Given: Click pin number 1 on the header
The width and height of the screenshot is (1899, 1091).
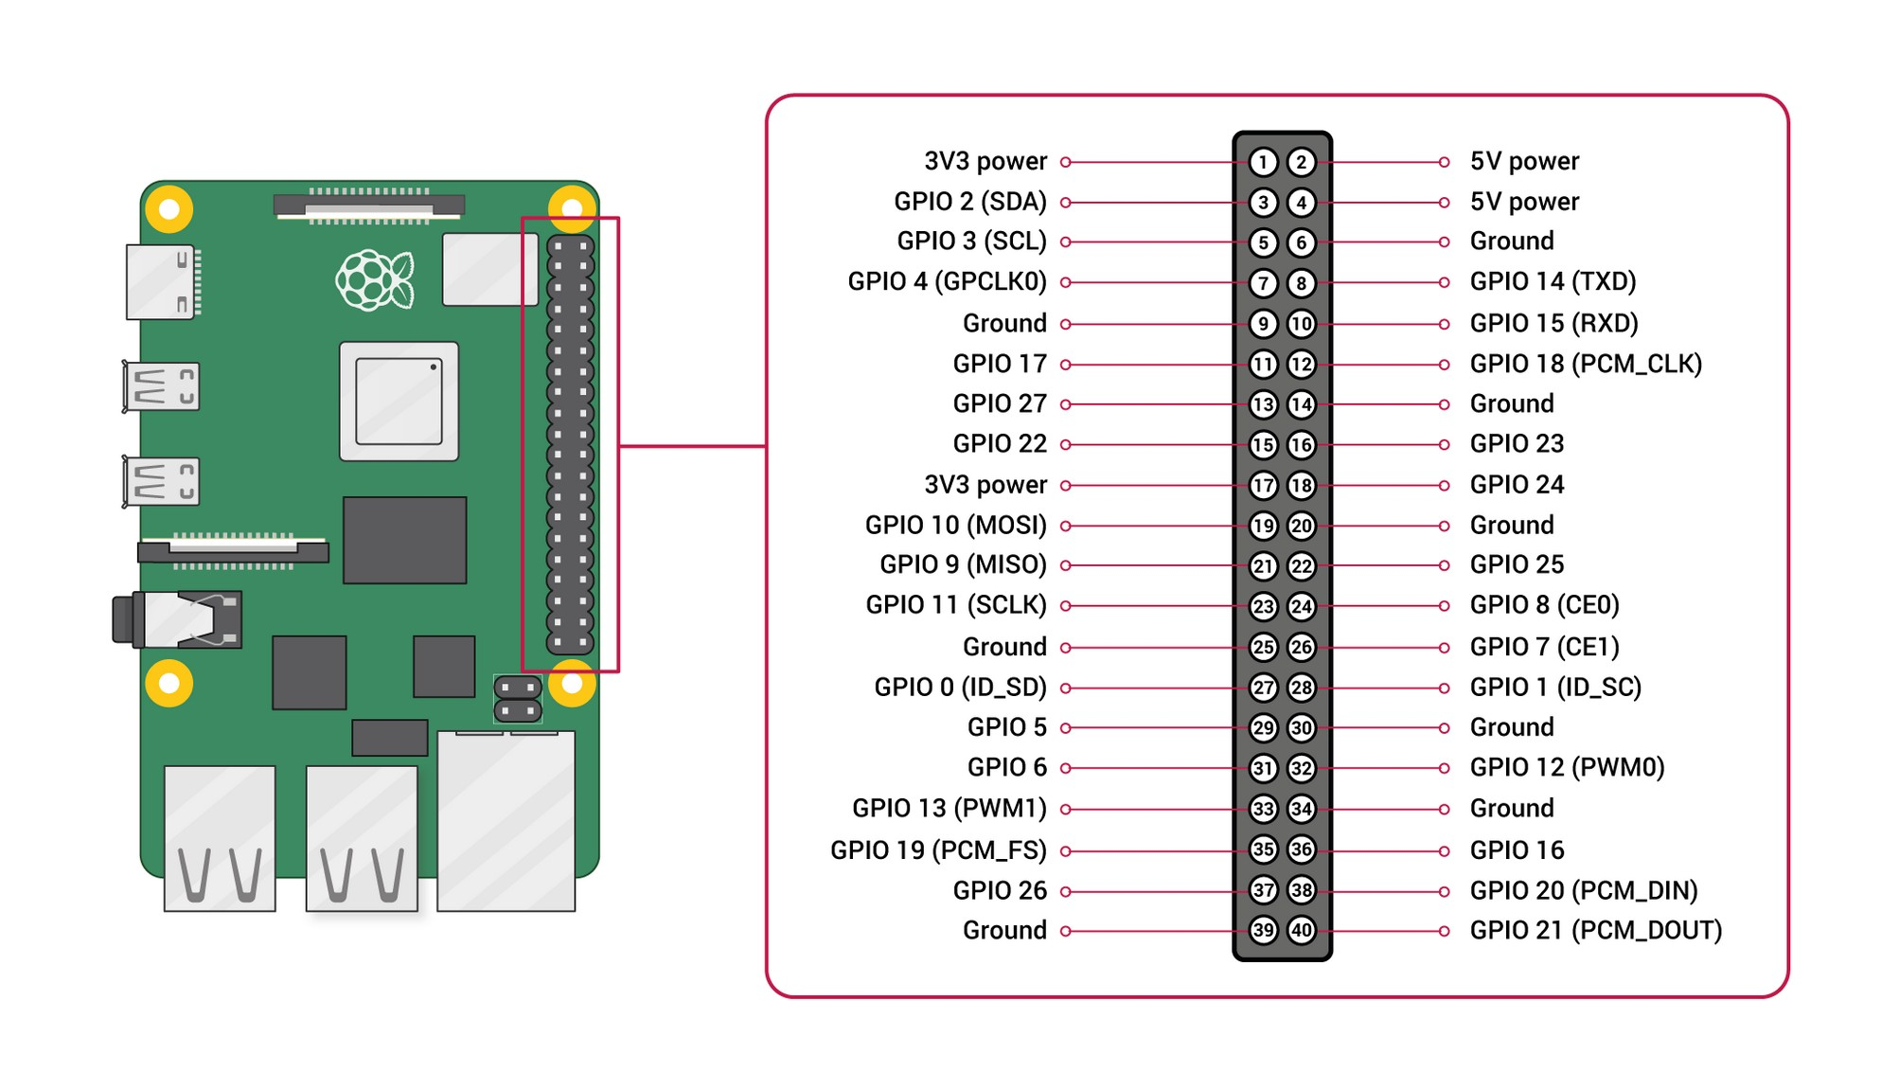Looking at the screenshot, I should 1262,162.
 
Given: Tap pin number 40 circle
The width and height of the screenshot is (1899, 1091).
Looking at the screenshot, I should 1302,930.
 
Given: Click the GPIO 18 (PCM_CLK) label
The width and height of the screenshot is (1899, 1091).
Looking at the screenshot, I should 1586,364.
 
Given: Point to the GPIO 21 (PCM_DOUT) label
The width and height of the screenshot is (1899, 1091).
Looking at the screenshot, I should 1595,930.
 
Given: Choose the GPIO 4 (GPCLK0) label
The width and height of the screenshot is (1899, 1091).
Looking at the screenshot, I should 947,282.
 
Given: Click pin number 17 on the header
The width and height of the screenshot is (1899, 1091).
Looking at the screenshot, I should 1262,486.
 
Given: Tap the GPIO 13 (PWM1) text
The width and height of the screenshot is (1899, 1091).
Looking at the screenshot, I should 949,809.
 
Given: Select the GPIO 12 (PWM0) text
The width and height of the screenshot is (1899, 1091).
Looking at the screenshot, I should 1567,767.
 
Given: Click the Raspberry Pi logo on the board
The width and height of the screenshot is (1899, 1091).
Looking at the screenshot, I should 375,279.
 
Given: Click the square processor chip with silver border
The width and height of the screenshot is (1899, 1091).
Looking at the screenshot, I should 399,402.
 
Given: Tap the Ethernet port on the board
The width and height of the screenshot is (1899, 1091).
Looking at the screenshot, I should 506,819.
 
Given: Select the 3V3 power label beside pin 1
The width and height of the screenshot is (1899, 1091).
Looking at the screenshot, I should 985,162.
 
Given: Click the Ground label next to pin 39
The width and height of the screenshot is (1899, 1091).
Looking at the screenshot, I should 1003,931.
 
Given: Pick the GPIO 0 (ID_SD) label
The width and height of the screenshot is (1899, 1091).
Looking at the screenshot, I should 960,688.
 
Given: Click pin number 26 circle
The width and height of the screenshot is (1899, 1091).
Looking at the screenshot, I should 1302,647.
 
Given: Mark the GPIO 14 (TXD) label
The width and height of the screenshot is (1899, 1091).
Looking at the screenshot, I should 1553,282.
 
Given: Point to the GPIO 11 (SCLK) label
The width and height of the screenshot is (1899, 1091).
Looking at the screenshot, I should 955,605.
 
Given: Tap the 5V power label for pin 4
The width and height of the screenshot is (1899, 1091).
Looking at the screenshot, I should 1524,202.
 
